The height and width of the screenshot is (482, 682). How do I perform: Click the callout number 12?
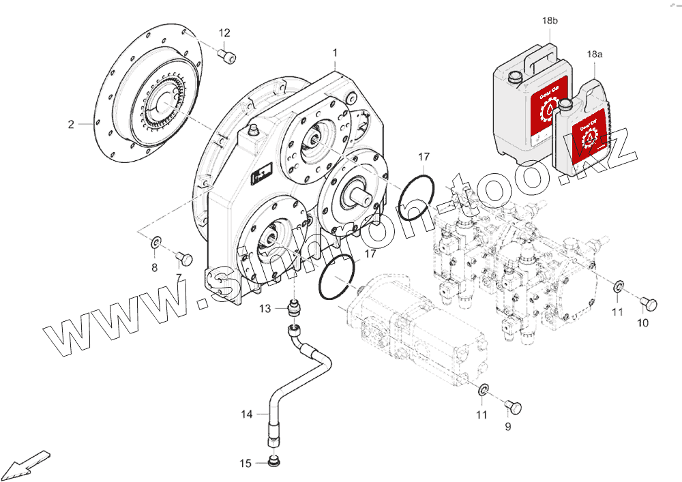click(224, 33)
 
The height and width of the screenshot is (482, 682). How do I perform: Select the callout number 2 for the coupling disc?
click(70, 124)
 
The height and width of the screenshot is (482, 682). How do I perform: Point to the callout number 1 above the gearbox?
click(335, 52)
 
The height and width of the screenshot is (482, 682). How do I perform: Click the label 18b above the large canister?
click(550, 21)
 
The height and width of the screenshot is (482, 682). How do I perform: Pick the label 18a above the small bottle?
click(594, 53)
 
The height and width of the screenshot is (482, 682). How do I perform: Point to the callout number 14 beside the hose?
click(246, 414)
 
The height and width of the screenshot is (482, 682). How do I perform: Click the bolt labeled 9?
click(514, 406)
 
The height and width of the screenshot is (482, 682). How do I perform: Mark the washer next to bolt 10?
click(618, 286)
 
